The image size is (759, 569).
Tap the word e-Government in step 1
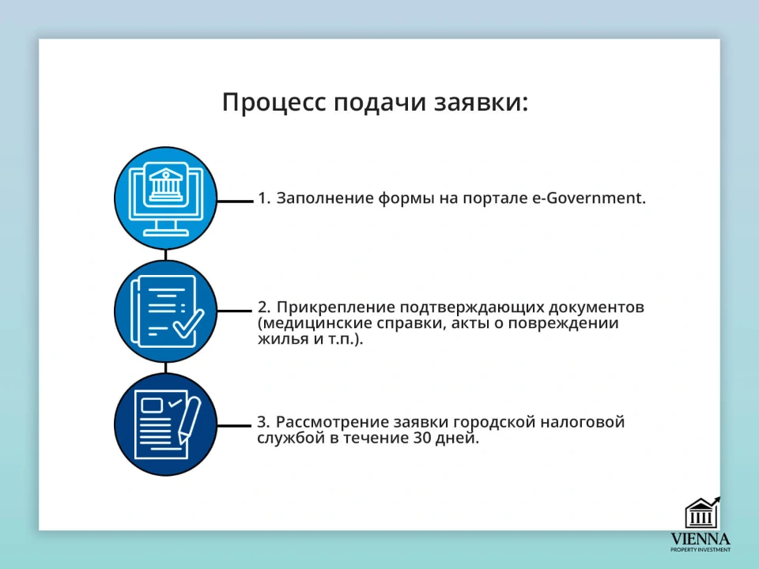pos(588,198)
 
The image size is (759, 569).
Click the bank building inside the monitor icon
pos(166,183)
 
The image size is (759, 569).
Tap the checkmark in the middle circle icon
pos(188,324)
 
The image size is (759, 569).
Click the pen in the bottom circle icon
pos(189,420)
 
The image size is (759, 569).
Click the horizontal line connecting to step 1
pos(235,201)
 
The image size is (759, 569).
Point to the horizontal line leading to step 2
pos(235,311)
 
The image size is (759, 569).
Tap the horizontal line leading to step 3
pos(235,425)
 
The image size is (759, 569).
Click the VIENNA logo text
pos(700,538)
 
